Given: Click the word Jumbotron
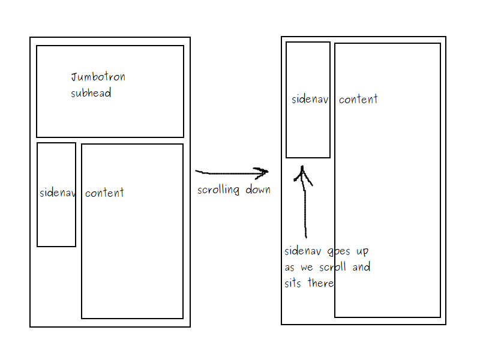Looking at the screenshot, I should pyautogui.click(x=98, y=77).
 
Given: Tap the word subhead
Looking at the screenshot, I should pyautogui.click(x=91, y=93).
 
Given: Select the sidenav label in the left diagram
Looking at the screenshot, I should pyautogui.click(x=57, y=193).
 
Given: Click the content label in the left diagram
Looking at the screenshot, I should pyautogui.click(x=104, y=193).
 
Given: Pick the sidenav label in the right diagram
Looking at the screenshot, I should pyautogui.click(x=310, y=100).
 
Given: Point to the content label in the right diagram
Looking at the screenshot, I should pyautogui.click(x=358, y=100).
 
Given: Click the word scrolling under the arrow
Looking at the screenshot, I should pyautogui.click(x=218, y=190).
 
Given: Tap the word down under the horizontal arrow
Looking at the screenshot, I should pyautogui.click(x=257, y=190).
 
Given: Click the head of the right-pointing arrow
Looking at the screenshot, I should pyautogui.click(x=264, y=172).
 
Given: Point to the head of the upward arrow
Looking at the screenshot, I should pyautogui.click(x=303, y=170).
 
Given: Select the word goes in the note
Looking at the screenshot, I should pyautogui.click(x=340, y=251).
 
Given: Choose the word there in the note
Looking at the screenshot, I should pyautogui.click(x=320, y=283).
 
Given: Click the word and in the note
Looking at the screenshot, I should pyautogui.click(x=361, y=267).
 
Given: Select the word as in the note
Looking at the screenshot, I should pyautogui.click(x=290, y=268).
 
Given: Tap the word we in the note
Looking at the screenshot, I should pyautogui.click(x=306, y=268).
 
